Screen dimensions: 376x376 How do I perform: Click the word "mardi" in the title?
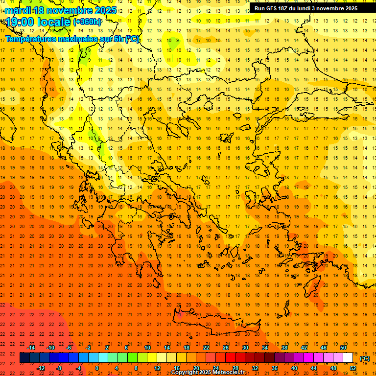pos(18,10)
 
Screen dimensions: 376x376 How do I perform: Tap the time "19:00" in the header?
pos(20,22)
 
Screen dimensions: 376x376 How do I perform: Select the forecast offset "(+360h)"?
pos(88,22)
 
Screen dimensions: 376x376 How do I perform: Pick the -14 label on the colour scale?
pos(31,348)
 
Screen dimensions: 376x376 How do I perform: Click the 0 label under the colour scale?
pos(97,368)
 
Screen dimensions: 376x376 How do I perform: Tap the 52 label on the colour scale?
pos(353,368)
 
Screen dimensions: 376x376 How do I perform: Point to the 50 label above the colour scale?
pos(343,348)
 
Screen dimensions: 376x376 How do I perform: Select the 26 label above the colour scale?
pos(226,348)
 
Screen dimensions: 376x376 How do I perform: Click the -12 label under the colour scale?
pos(41,368)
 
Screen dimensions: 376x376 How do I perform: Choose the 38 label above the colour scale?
pos(284,348)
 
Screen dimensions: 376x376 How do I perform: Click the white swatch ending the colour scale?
pos(348,358)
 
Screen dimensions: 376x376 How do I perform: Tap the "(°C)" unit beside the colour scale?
pos(365,358)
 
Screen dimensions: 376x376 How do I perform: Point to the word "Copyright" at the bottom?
pos(185,373)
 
